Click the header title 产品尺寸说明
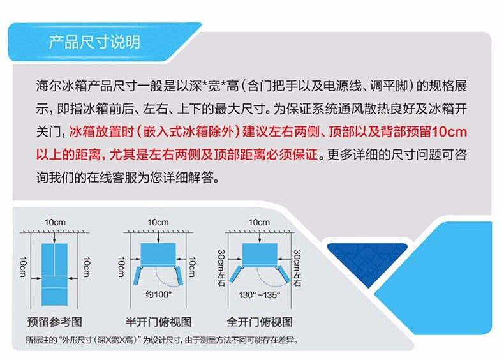94,42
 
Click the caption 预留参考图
55,322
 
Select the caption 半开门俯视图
158,322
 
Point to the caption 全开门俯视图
260,322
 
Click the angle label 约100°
158,294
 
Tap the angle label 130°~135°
259,295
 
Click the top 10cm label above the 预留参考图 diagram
55,222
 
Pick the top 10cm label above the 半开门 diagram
158,222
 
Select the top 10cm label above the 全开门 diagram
259,222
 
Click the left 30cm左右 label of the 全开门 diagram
221,268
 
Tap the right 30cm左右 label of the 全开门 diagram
297,268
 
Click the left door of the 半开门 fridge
138,275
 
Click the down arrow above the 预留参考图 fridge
55,237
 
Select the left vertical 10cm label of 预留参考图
23,267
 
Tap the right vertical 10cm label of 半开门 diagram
192,267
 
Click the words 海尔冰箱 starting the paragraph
55,86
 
